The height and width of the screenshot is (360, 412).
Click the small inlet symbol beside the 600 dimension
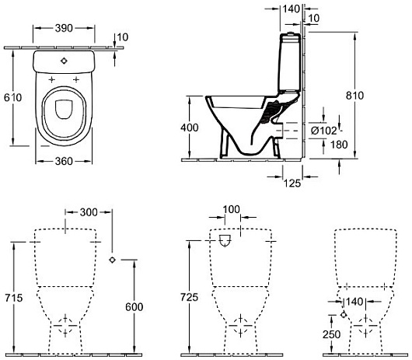pyautogui.click(x=113, y=258)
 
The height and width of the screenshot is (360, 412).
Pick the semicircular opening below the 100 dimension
pyautogui.click(x=225, y=242)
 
